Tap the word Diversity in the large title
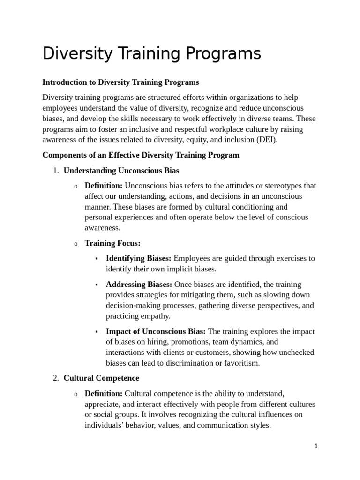coord(78,54)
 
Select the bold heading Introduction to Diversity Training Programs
coord(120,82)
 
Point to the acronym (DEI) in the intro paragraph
coord(267,139)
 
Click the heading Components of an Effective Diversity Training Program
coord(141,155)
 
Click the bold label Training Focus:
coord(112,243)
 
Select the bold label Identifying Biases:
coord(139,258)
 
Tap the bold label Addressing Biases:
coord(139,285)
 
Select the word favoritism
coord(238,363)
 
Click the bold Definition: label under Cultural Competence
coord(104,393)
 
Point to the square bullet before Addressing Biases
coord(96,285)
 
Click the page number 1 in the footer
coord(316,446)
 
